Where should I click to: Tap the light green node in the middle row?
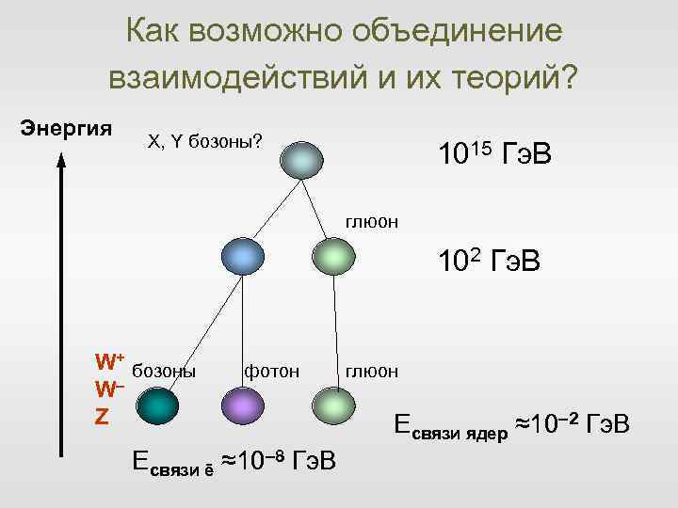(x=333, y=257)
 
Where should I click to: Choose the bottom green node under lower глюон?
(x=334, y=406)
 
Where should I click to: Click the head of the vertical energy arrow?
(x=61, y=160)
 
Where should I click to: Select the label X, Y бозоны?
(x=204, y=141)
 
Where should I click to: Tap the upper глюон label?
(x=372, y=222)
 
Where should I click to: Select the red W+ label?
(x=109, y=361)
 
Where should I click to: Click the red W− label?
(x=109, y=388)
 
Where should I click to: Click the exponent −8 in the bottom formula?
(x=274, y=454)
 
